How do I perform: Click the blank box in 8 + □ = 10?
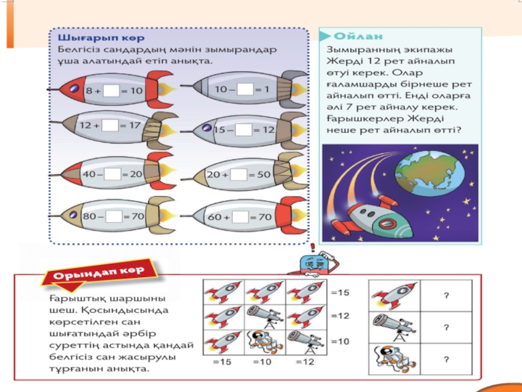click(x=111, y=91)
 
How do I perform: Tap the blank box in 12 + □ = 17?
click(x=110, y=124)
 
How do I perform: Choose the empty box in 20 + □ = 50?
click(x=238, y=174)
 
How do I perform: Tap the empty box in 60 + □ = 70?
click(x=238, y=216)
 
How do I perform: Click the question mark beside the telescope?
click(x=446, y=327)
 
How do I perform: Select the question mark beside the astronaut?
click(x=446, y=359)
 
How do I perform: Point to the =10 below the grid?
click(x=262, y=362)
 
